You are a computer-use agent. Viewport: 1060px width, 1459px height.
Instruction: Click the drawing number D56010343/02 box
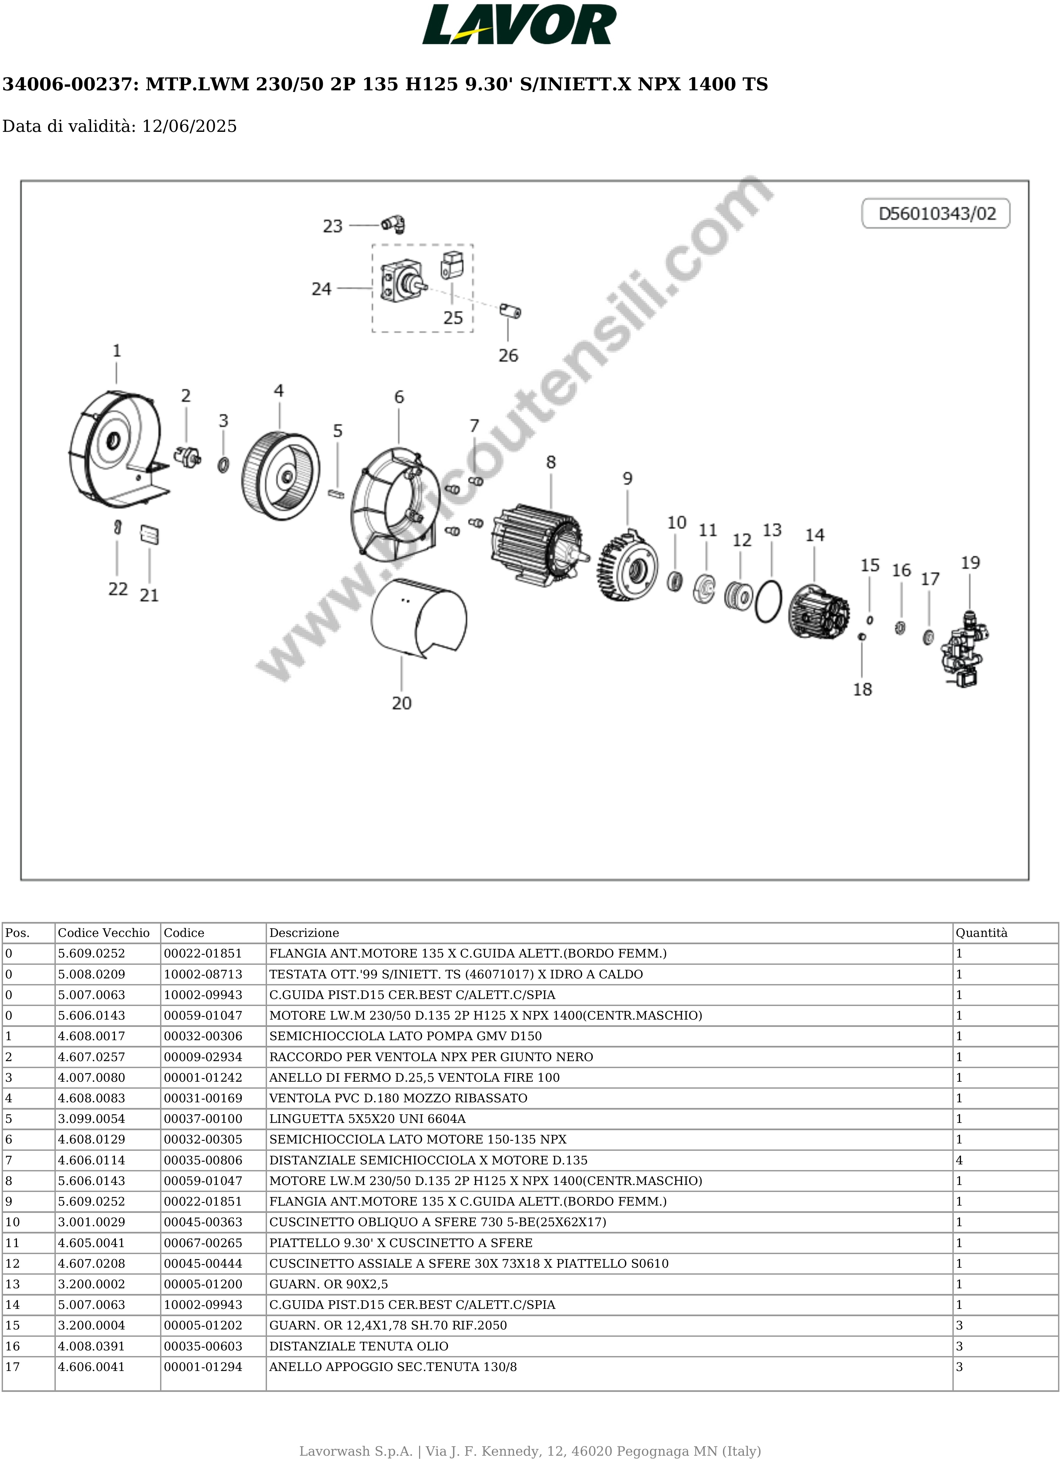pos(936,214)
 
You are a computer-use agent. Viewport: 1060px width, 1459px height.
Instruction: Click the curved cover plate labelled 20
pos(418,617)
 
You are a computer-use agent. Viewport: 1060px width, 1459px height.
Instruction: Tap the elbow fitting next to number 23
pos(393,225)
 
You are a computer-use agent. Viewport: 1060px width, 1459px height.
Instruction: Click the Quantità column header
pos(981,933)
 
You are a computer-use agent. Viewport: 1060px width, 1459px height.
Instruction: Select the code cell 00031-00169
pos(203,1098)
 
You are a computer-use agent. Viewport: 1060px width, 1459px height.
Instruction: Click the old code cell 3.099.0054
pos(91,1119)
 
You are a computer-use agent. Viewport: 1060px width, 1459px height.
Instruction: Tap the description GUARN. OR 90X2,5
pos(328,1284)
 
